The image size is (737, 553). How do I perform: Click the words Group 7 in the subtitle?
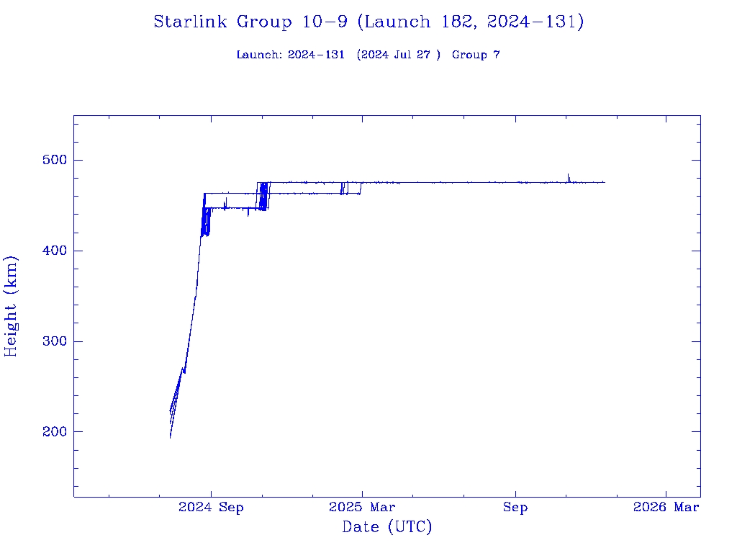pos(476,55)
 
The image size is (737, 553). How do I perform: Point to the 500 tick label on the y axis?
pos(51,160)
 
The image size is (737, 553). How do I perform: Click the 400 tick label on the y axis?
pos(51,251)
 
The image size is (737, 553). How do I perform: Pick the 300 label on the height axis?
pos(51,341)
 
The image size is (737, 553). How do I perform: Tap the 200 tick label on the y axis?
pos(51,432)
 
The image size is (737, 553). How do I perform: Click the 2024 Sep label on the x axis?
pos(211,508)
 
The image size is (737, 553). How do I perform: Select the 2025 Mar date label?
pos(362,508)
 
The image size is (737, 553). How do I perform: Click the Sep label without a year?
pos(515,508)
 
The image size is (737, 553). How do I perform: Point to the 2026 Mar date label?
pos(666,508)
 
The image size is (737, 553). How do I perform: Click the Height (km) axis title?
pos(12,305)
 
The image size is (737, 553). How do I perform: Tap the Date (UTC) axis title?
pos(387,527)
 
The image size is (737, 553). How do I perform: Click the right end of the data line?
pos(605,182)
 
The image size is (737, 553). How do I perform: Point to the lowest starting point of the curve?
pos(171,437)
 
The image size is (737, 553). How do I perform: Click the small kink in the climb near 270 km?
pos(184,370)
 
